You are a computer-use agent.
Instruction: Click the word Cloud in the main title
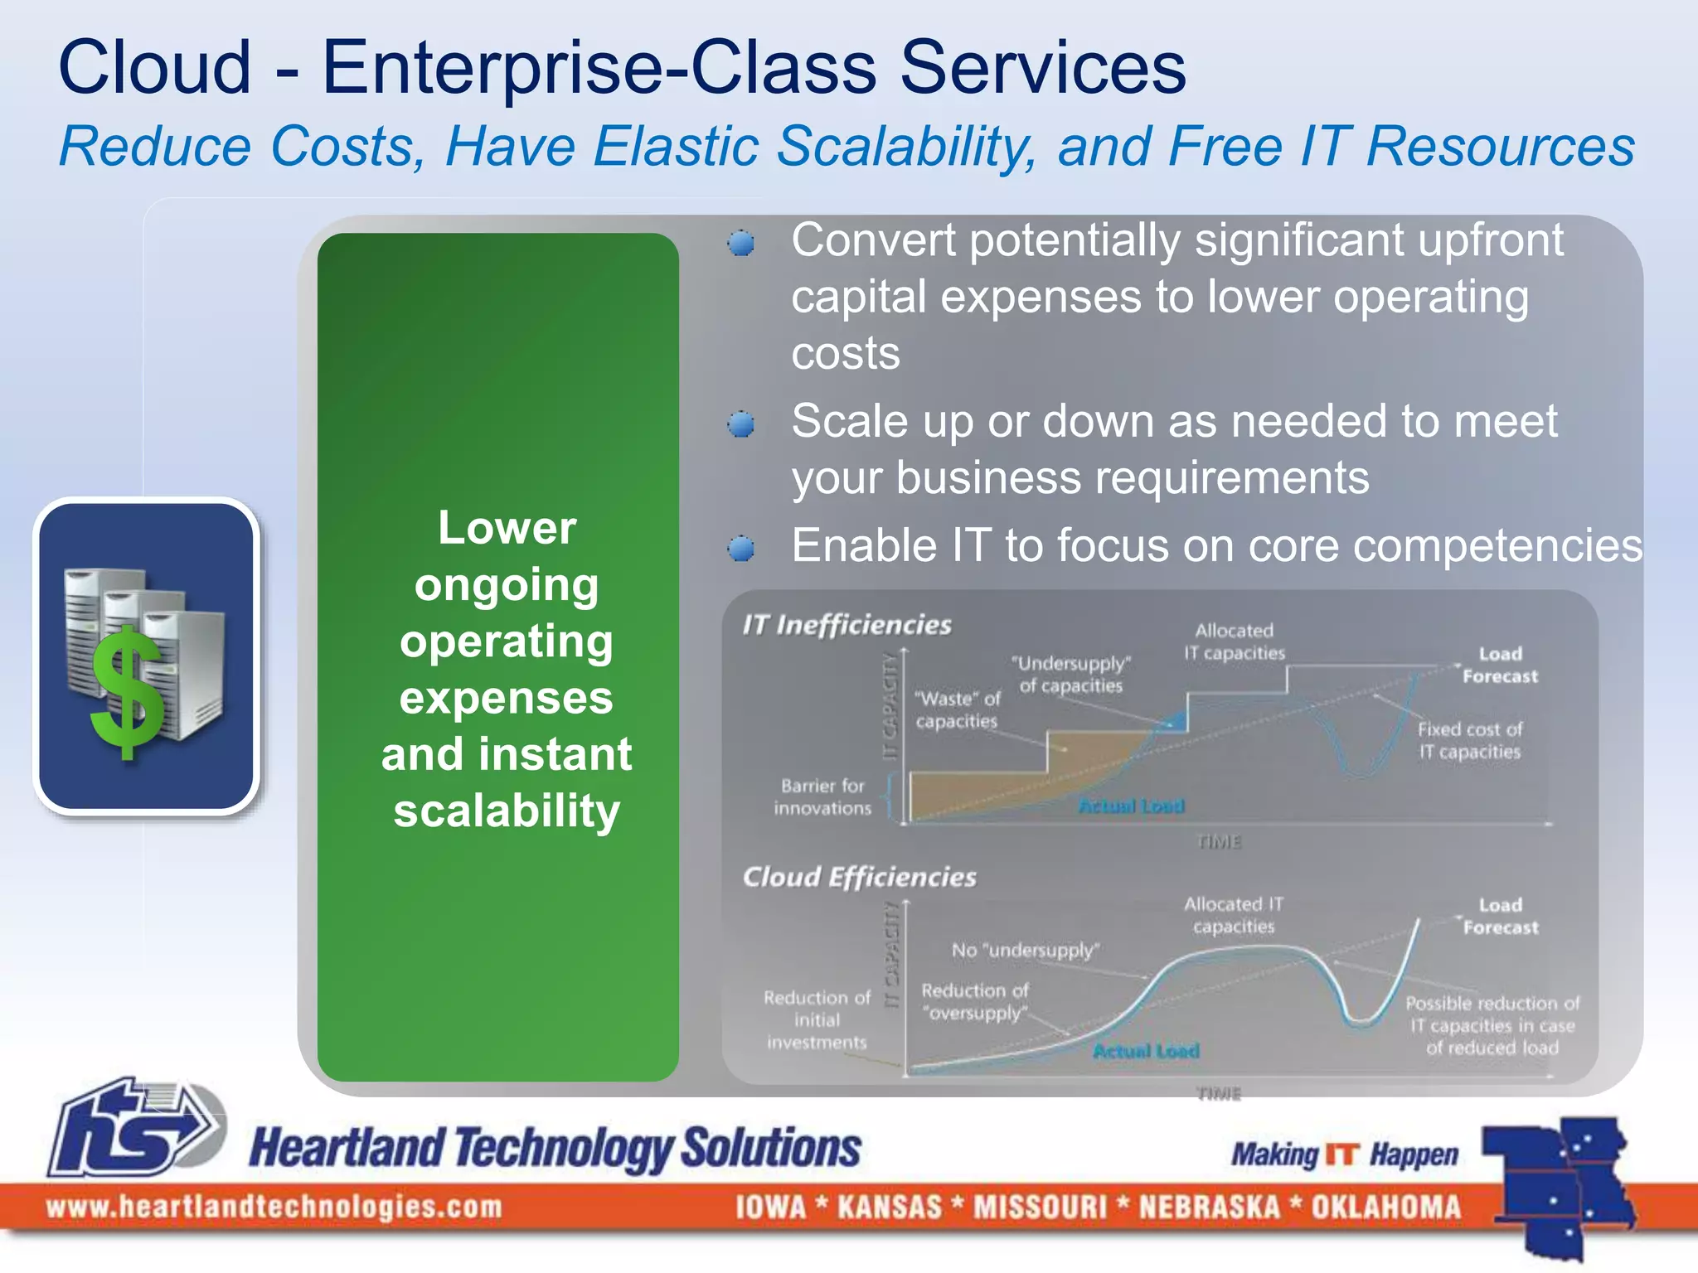154,68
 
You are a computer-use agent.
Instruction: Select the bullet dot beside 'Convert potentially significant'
740,244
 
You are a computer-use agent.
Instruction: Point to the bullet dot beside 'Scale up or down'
740,425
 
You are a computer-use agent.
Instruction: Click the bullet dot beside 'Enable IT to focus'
740,549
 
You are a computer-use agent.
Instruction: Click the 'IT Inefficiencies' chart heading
847,625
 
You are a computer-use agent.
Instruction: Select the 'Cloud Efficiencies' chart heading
859,877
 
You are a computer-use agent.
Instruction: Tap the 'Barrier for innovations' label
822,796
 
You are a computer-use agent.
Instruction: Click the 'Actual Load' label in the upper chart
1131,806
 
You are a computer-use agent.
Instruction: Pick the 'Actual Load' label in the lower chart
1146,1051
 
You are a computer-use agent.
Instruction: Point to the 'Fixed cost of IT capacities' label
1469,740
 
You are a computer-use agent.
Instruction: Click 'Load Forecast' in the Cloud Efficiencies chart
1500,916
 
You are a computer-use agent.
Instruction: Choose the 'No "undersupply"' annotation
1025,950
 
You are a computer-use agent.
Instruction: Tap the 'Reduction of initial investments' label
817,1019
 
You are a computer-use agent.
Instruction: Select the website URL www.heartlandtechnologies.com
274,1207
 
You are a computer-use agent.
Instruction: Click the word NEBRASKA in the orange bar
1209,1207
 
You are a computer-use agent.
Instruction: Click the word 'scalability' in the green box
507,811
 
